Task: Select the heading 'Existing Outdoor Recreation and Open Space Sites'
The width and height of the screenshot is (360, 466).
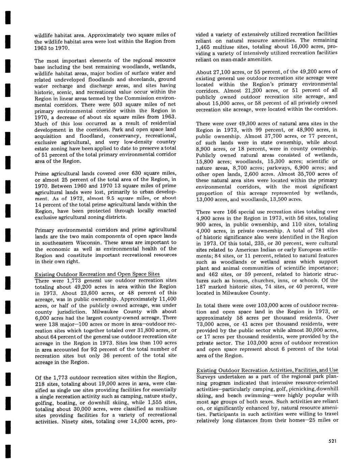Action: point(97,274)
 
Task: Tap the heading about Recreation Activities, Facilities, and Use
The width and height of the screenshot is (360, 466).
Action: point(267,370)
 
